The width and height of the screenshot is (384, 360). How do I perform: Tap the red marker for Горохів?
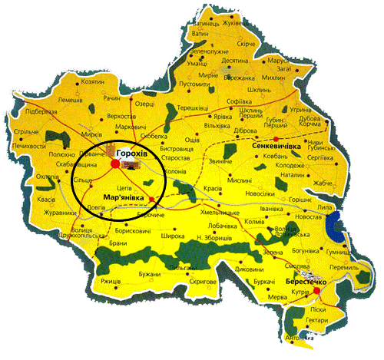pyautogui.click(x=115, y=163)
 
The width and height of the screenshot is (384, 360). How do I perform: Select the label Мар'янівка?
pyautogui.click(x=123, y=197)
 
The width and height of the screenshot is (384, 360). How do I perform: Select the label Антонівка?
pyautogui.click(x=300, y=338)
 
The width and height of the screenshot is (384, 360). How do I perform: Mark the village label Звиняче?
pyautogui.click(x=221, y=162)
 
